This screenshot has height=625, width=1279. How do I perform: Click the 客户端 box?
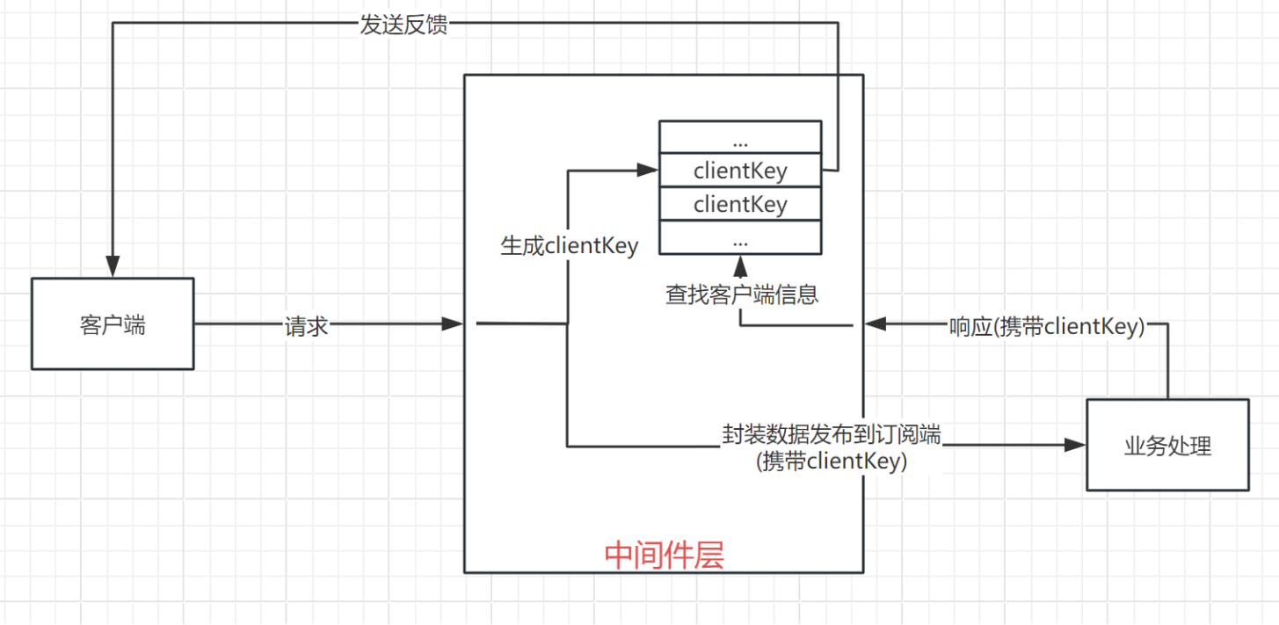tap(113, 324)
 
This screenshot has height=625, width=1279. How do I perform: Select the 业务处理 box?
tap(1167, 445)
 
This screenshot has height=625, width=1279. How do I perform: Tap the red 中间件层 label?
tap(664, 555)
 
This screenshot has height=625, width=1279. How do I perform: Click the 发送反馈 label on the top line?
tap(403, 24)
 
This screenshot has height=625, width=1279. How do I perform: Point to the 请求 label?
tap(306, 325)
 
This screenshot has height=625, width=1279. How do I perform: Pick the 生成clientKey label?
tap(569, 246)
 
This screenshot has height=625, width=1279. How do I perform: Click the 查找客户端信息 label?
tap(742, 294)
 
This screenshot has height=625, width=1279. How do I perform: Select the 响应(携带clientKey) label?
tap(1046, 326)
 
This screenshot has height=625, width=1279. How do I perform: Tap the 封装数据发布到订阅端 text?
tap(832, 434)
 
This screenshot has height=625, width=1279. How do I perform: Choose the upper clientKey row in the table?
tap(740, 171)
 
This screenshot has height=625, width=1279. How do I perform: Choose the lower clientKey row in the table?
tap(740, 204)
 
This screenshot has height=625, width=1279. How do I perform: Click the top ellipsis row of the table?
tap(740, 139)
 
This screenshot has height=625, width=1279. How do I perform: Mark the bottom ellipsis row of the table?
tap(740, 238)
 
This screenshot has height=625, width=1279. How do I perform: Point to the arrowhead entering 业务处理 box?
tap(1076, 446)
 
